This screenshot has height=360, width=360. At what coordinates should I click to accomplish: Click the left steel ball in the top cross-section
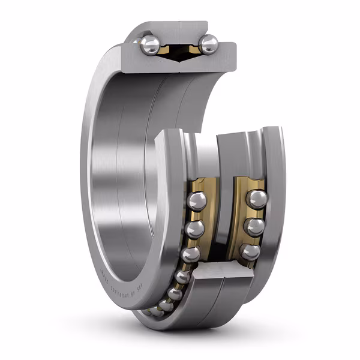(150, 45)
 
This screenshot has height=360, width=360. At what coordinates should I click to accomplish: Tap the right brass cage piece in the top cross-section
(193, 48)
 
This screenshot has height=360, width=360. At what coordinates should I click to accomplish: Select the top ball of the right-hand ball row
(257, 199)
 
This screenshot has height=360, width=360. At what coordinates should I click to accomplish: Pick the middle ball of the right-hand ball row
(254, 227)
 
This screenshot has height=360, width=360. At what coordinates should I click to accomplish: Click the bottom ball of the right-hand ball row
(250, 251)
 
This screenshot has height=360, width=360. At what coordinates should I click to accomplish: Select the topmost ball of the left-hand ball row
(197, 201)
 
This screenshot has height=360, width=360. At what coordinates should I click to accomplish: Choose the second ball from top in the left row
(194, 229)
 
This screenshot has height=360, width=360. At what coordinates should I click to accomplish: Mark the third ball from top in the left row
(190, 254)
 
